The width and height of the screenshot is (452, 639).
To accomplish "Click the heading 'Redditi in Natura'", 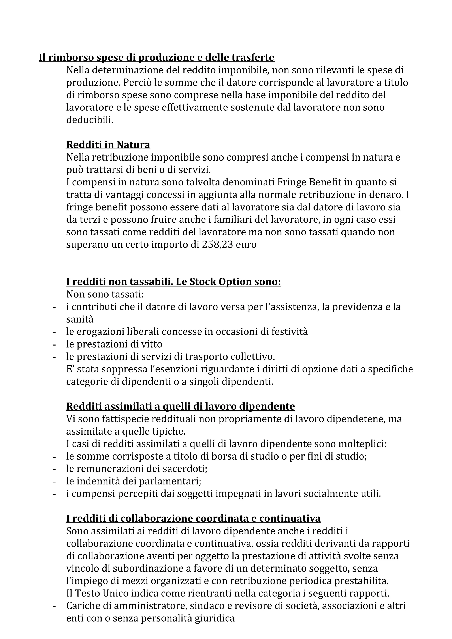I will point(108,145).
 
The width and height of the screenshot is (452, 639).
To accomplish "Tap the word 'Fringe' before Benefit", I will point(292,182).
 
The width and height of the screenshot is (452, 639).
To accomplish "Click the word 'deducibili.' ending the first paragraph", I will point(90,120).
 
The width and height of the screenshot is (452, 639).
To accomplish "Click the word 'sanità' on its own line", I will point(80,319).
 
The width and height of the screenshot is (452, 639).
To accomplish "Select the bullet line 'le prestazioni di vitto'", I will point(114,344).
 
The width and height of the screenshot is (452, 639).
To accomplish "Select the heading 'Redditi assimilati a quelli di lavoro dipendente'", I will point(181,406).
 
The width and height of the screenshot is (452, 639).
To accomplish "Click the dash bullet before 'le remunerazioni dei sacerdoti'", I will point(54,469).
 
